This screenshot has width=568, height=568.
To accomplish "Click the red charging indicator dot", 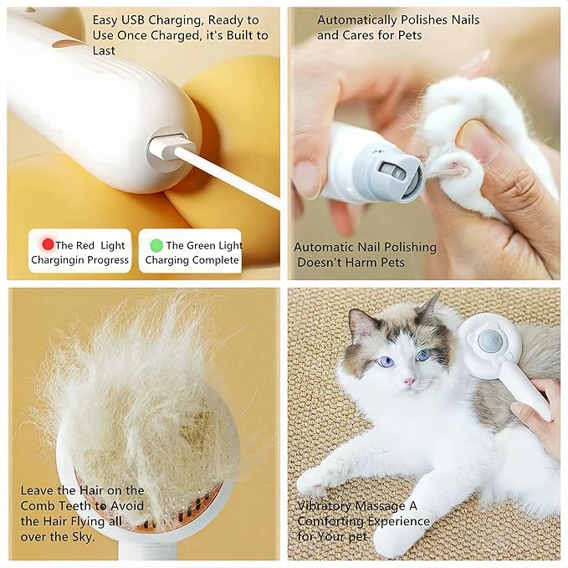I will tap(48, 245).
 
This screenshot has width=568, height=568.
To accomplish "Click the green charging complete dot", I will tap(156, 245).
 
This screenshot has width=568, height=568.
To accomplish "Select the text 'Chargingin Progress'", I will tap(80, 260).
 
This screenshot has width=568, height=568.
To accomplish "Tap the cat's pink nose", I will tap(409, 381).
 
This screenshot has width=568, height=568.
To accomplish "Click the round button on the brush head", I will tap(489, 340).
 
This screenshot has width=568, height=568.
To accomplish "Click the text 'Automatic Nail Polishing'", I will tap(365, 247).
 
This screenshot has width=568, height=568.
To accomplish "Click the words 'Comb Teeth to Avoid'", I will tap(82, 506).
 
